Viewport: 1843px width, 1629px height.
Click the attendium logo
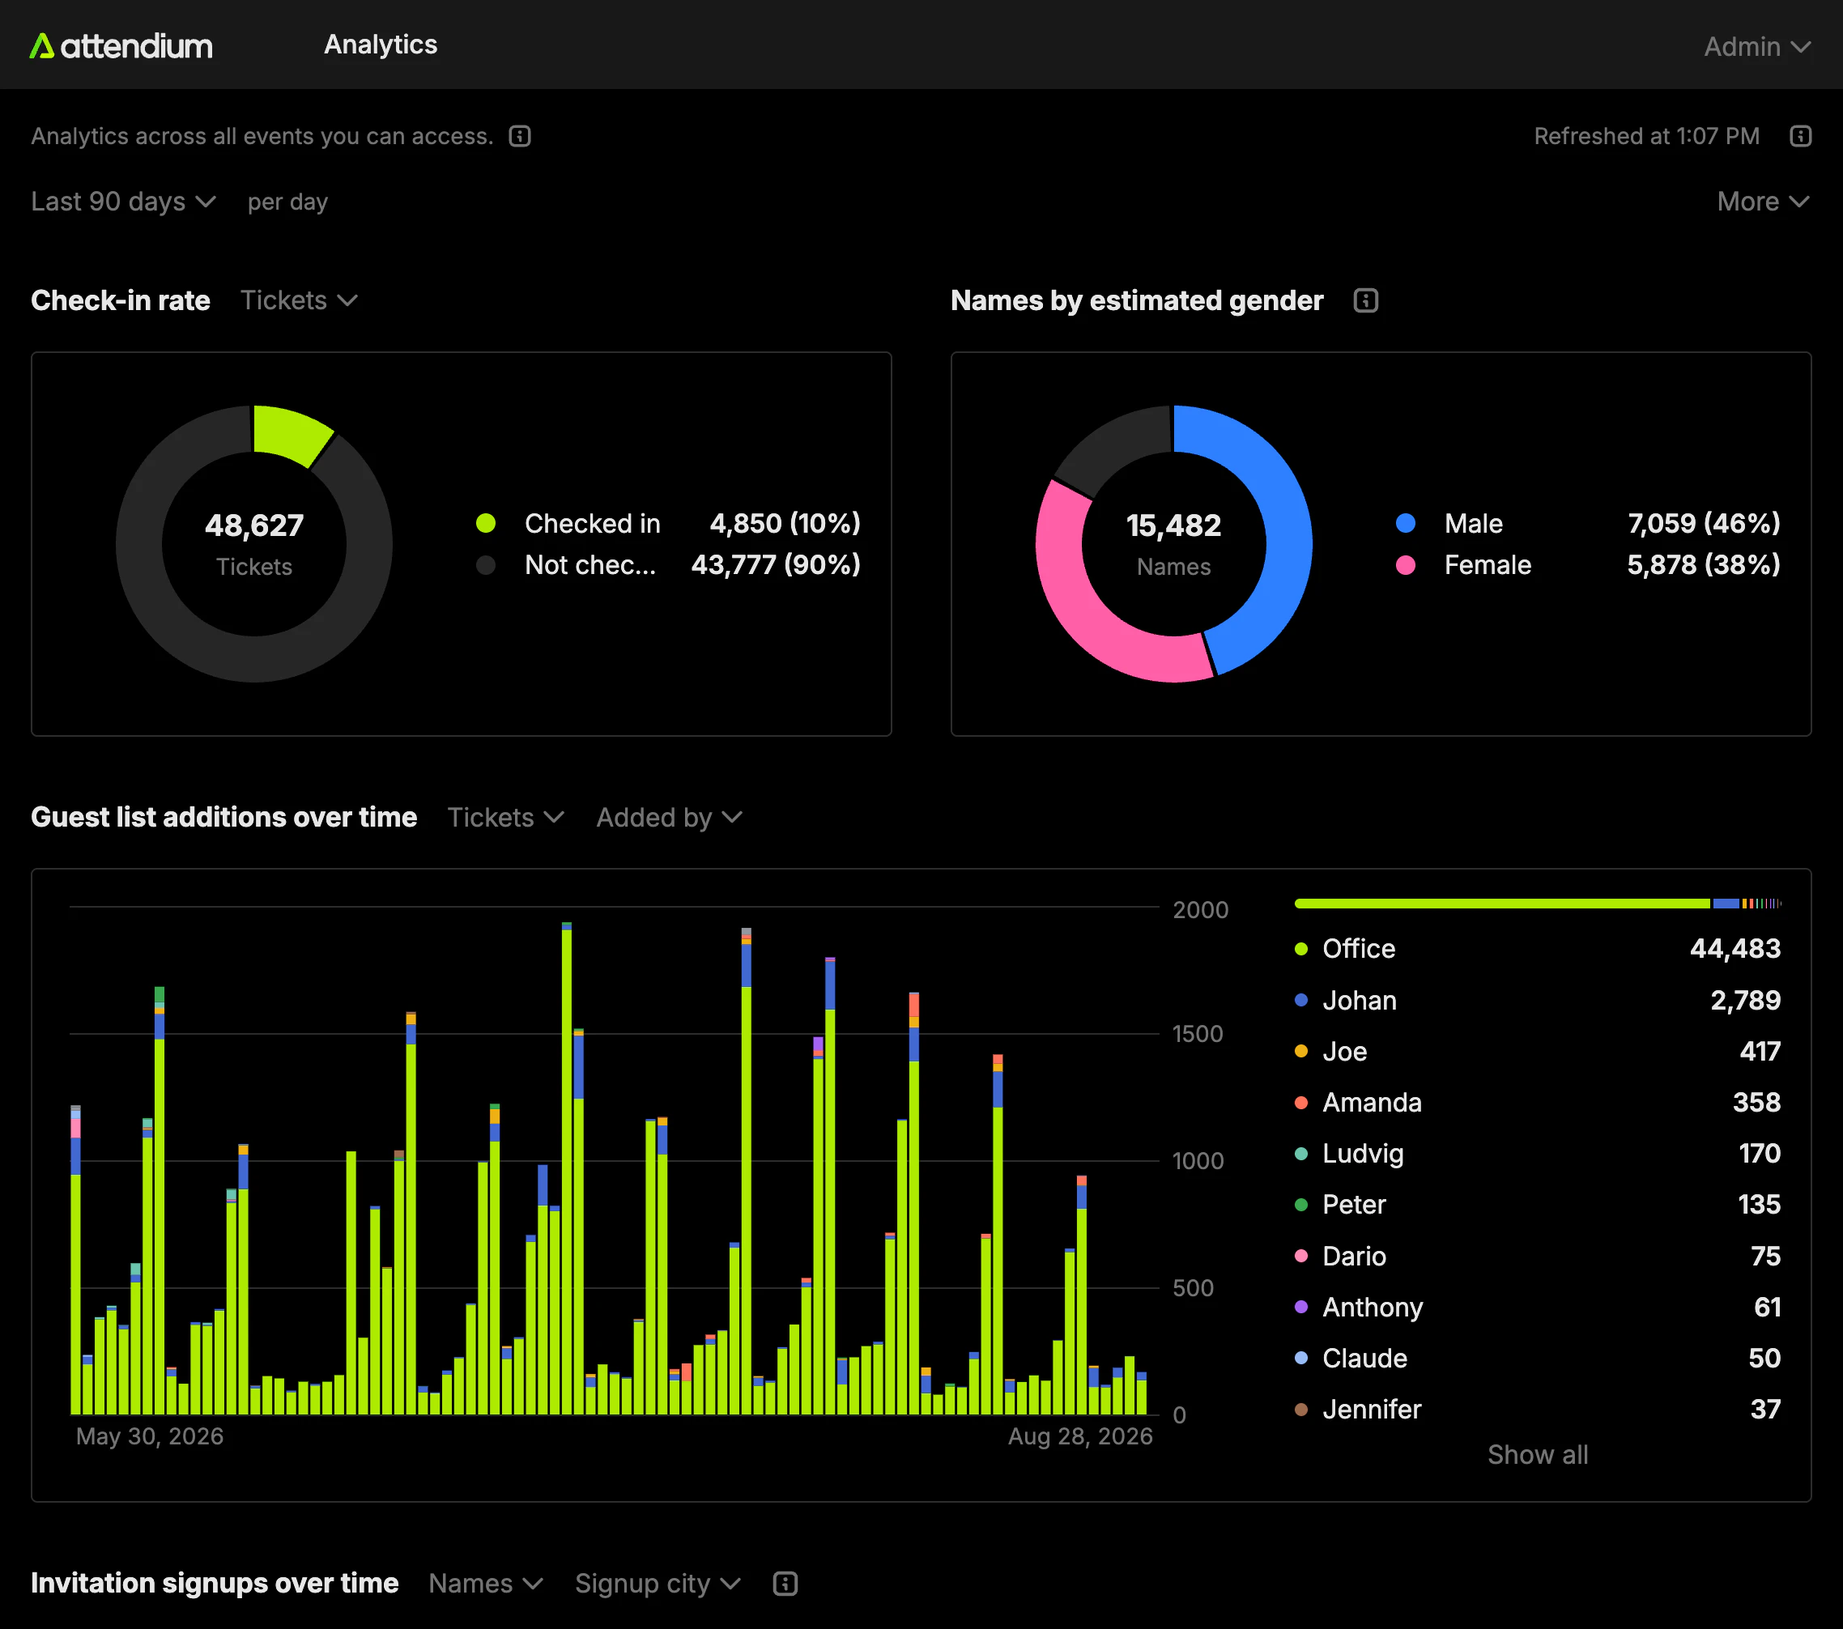[x=121, y=46]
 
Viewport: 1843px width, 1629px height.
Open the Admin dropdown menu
[x=1756, y=47]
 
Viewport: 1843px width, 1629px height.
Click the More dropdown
[x=1763, y=202]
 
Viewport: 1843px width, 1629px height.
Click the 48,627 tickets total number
[x=254, y=525]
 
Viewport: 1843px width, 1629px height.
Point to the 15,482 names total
[x=1173, y=525]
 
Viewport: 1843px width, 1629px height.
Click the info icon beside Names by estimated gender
[x=1365, y=300]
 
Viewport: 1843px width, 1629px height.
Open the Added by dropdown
[x=669, y=818]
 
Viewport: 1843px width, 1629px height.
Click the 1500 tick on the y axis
[x=1198, y=1034]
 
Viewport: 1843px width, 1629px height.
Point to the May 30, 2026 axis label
[x=150, y=1436]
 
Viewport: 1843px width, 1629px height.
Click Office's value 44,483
[x=1734, y=948]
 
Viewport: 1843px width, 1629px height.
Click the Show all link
[x=1538, y=1455]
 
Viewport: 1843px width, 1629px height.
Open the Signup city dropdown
[x=658, y=1584]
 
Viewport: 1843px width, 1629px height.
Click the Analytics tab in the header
[x=381, y=45]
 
